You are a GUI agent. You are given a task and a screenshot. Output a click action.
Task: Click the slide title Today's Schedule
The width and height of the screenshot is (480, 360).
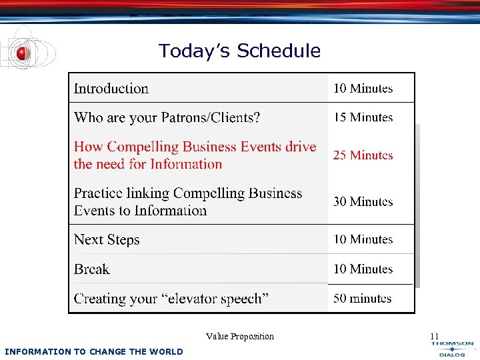(239, 51)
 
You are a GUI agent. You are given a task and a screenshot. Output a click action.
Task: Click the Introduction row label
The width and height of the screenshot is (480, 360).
(111, 89)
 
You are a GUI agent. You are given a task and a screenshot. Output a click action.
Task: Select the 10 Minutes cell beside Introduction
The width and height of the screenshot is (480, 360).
(363, 88)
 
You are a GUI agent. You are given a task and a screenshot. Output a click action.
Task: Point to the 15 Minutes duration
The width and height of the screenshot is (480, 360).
(363, 117)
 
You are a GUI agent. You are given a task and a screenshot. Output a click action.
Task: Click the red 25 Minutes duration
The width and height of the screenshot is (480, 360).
(363, 155)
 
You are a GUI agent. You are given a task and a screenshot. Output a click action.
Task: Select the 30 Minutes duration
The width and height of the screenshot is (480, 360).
(363, 201)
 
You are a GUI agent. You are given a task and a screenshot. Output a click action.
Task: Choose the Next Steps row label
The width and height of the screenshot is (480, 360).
(107, 240)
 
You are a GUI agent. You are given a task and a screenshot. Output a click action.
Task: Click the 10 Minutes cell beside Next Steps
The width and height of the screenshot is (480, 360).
(363, 239)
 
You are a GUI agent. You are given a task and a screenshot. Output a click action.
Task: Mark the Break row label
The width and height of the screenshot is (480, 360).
(92, 269)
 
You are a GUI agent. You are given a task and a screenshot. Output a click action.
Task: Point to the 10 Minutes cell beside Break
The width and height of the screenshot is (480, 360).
(363, 269)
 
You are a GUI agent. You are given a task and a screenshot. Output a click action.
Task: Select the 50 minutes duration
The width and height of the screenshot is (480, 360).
(363, 298)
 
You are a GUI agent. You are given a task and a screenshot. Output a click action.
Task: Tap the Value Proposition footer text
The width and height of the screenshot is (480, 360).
(240, 337)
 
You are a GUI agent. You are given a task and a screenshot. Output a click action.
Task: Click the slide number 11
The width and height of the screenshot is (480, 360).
(435, 336)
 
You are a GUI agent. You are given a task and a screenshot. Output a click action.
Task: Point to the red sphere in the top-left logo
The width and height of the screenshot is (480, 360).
(22, 53)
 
